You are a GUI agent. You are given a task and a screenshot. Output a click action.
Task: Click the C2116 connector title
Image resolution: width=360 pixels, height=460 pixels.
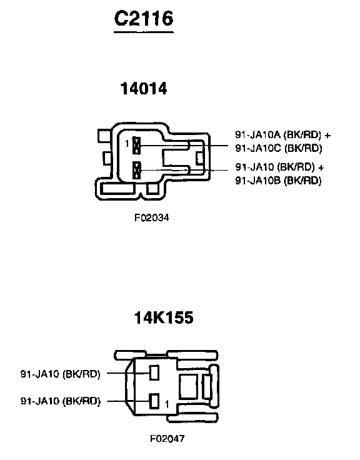pos(144,18)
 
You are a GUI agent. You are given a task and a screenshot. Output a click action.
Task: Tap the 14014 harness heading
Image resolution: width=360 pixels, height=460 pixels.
pos(144,88)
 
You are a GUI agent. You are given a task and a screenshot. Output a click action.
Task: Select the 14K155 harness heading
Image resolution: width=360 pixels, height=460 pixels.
pos(164,317)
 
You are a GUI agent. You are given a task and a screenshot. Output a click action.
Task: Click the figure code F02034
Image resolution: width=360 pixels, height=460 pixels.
pos(152,217)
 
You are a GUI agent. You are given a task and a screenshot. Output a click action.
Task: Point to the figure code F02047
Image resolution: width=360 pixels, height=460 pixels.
pos(167,439)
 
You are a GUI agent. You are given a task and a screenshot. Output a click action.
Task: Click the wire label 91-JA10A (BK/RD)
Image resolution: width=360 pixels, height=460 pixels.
pos(277,134)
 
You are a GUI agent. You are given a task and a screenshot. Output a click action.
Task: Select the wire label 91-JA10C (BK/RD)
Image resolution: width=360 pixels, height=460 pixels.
pos(278,148)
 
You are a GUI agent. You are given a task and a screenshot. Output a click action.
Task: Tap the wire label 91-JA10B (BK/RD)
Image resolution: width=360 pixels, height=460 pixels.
pos(278,180)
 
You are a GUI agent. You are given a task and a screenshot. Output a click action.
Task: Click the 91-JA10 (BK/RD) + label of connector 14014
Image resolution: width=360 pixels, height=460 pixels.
pos(279,167)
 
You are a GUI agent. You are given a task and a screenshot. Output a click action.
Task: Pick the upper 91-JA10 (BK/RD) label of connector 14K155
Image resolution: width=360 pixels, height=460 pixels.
pos(61,374)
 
